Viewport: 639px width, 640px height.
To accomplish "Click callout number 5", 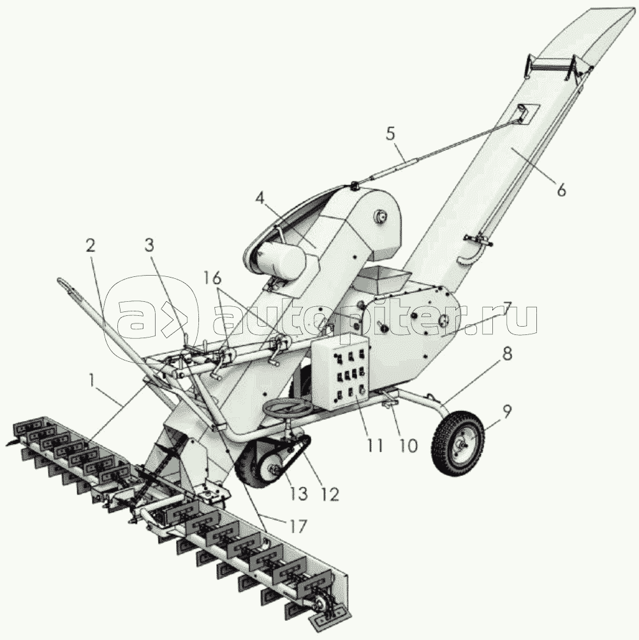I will pos(390,135).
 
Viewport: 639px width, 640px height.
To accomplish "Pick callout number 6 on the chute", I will pos(561,190).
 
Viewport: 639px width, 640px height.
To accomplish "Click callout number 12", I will pos(330,493).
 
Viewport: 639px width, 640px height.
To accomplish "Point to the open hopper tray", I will pos(383,278).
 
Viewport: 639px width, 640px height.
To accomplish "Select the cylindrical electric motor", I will pos(281,262).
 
